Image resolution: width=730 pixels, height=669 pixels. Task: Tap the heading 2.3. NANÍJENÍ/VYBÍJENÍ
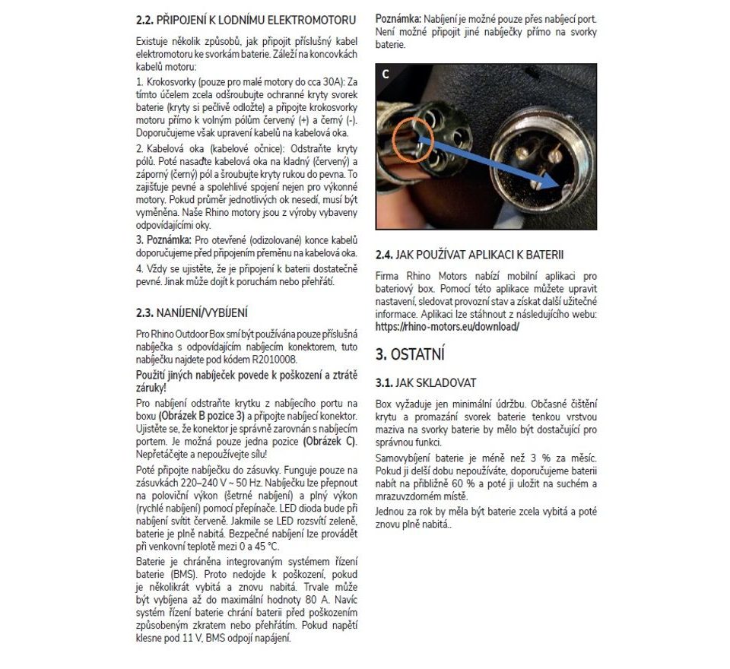point(192,312)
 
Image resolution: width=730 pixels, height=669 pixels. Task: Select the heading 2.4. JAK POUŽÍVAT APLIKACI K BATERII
point(470,255)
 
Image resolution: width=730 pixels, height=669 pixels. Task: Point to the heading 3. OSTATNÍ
point(410,354)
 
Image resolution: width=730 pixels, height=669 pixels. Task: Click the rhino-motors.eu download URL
point(447,326)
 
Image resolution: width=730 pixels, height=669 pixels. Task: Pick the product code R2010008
point(274,359)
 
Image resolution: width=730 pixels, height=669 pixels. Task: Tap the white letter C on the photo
point(386,74)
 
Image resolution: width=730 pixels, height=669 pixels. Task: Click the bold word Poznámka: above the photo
point(398,17)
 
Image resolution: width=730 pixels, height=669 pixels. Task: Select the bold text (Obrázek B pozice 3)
point(202,417)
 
